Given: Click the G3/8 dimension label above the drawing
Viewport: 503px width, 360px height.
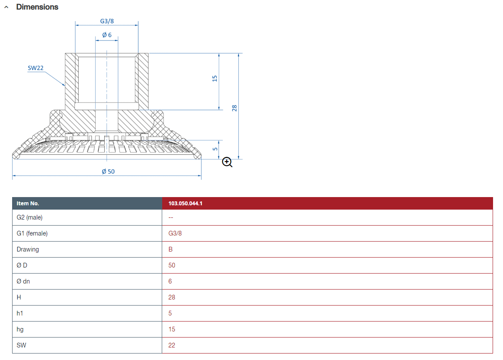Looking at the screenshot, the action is pyautogui.click(x=107, y=21).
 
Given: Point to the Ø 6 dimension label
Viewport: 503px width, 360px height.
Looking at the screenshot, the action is pyautogui.click(x=107, y=35).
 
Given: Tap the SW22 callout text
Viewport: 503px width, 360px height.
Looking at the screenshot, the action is pyautogui.click(x=35, y=68).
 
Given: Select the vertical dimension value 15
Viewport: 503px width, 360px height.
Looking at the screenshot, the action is pyautogui.click(x=215, y=78).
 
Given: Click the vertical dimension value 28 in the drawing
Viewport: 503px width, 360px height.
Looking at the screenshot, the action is pyautogui.click(x=234, y=108).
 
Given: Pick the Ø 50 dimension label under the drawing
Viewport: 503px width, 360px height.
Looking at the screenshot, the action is pyautogui.click(x=108, y=172).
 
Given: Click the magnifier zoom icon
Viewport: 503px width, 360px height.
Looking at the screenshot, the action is pyautogui.click(x=227, y=162).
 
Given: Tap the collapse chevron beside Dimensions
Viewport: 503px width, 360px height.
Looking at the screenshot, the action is pyautogui.click(x=6, y=7).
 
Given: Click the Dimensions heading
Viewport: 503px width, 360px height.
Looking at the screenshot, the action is pyautogui.click(x=37, y=7).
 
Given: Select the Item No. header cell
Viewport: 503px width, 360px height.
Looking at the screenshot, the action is pyautogui.click(x=28, y=203).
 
